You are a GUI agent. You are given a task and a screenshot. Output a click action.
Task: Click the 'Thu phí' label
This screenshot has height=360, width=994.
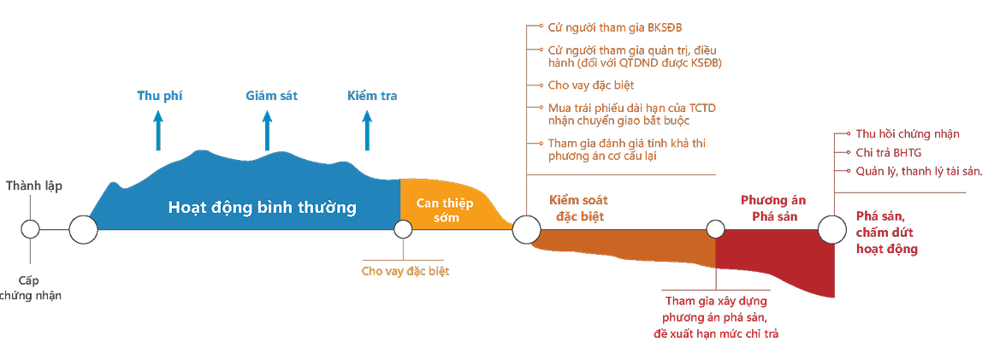(x=160, y=96)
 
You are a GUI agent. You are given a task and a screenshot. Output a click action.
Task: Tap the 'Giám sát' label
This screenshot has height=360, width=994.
(x=266, y=96)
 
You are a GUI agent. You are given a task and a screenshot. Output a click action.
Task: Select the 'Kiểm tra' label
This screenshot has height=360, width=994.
(x=372, y=96)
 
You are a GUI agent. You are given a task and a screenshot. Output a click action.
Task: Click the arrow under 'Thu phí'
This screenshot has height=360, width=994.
(x=157, y=130)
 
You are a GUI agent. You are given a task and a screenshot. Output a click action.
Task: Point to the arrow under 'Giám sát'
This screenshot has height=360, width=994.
(x=267, y=130)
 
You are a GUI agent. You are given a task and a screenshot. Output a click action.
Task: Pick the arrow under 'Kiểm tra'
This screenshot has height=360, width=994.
(x=367, y=130)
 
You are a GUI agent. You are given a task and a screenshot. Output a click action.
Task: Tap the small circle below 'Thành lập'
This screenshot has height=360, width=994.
(x=31, y=229)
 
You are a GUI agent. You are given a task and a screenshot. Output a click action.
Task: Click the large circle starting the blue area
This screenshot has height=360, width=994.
(x=83, y=229)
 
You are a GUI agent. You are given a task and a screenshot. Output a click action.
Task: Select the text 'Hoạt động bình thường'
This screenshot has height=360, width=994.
(x=262, y=208)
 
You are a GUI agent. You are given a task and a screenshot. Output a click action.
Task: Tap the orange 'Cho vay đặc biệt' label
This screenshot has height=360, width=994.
(x=405, y=271)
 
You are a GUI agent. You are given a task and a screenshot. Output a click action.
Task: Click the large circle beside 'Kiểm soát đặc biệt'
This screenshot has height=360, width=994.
(x=526, y=229)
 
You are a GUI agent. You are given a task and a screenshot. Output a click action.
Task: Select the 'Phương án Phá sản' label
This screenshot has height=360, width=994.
(x=773, y=208)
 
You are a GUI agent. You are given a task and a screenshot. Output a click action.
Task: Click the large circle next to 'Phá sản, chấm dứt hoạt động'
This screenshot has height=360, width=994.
(x=832, y=229)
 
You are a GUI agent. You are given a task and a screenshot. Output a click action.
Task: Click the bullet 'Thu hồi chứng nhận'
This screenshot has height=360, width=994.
(x=907, y=134)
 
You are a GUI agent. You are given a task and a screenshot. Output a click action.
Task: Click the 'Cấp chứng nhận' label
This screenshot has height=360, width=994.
(x=31, y=287)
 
